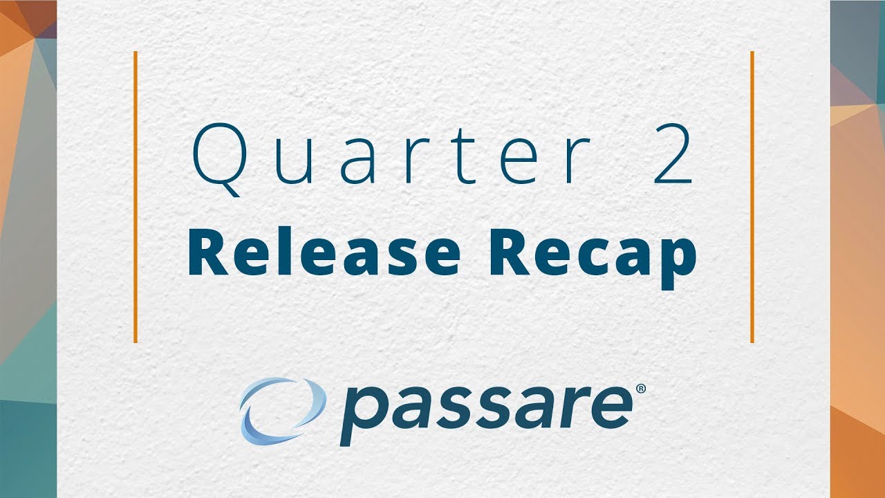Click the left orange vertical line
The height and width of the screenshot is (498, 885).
(136, 196)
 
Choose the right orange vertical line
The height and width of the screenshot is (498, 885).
(752, 196)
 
